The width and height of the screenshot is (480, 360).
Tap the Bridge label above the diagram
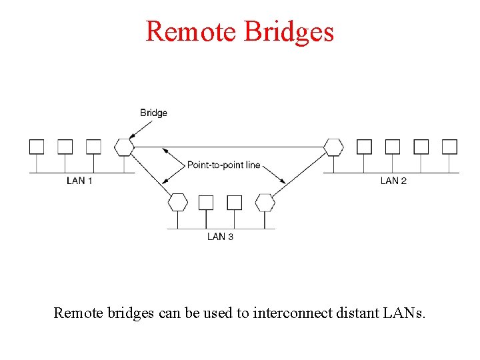tap(153, 113)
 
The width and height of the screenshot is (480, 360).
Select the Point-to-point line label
tap(223, 165)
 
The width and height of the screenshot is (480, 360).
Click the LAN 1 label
tap(79, 181)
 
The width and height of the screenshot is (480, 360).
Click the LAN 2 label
tap(393, 181)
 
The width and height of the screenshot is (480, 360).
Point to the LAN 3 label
tap(220, 237)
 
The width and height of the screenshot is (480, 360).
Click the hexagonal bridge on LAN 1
tap(124, 147)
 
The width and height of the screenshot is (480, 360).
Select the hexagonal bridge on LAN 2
tap(333, 147)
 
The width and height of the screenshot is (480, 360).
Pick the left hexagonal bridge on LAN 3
tap(177, 202)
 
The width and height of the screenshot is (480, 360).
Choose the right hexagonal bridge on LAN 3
tap(265, 202)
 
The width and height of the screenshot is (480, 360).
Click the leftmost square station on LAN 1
tap(36, 147)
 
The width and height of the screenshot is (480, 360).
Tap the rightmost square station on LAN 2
tap(450, 147)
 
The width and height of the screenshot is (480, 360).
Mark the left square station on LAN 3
tap(206, 202)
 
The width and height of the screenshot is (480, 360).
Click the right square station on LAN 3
tap(235, 202)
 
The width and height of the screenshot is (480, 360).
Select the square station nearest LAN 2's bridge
tap(364, 147)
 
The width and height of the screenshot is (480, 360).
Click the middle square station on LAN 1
tap(65, 147)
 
